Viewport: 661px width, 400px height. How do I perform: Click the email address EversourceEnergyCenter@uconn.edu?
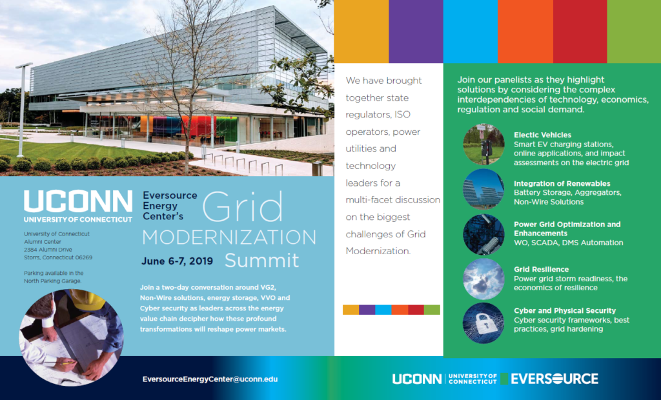tap(210, 379)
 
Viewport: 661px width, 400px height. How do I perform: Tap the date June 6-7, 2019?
tap(177, 261)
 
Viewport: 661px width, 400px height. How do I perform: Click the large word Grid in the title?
tap(242, 207)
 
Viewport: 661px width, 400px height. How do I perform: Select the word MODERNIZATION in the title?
tap(229, 237)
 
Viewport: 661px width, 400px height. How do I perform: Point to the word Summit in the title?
tap(262, 261)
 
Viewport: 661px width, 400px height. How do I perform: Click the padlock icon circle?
tap(483, 323)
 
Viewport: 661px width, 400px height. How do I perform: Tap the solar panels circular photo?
tap(483, 189)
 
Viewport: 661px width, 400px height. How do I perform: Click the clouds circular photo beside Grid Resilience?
tap(483, 279)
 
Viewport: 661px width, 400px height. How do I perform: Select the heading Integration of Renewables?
tap(562, 184)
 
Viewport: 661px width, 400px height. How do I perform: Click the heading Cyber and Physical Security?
tap(564, 310)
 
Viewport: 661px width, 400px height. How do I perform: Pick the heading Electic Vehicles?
tap(542, 135)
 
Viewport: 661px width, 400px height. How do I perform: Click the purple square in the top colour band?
tap(416, 32)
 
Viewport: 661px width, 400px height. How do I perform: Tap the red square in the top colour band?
tap(580, 32)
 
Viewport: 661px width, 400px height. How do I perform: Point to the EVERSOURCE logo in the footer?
tap(554, 379)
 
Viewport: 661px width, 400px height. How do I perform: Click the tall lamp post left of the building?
tap(22, 110)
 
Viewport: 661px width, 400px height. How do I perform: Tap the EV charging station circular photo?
tap(483, 145)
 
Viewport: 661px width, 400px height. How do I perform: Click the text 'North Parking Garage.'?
tap(53, 281)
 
